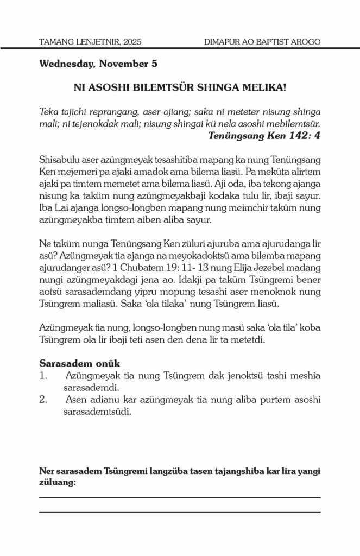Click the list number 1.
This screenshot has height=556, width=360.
click(x=43, y=375)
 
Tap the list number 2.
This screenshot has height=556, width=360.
click(x=43, y=400)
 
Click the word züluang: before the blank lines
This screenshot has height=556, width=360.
click(x=57, y=481)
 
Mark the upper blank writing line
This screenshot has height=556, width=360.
click(x=180, y=497)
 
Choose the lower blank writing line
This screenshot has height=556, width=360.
click(x=180, y=511)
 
